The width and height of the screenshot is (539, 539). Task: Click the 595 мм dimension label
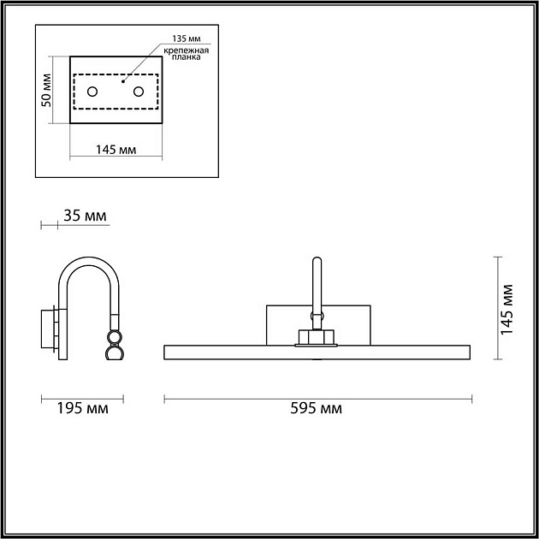coord(316,409)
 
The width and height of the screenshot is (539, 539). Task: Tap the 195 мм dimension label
coord(82,409)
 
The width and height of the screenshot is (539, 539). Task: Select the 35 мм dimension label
coord(85,216)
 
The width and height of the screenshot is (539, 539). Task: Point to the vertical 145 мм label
coord(506,310)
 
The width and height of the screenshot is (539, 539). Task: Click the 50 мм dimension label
coord(46,90)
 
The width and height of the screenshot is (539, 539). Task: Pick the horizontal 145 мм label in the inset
coord(115,150)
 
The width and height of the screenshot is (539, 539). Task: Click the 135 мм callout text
coord(187,38)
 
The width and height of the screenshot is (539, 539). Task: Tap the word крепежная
coord(186,50)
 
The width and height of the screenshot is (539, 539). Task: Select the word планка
coord(186,57)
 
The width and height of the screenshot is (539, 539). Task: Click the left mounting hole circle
coord(92,92)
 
